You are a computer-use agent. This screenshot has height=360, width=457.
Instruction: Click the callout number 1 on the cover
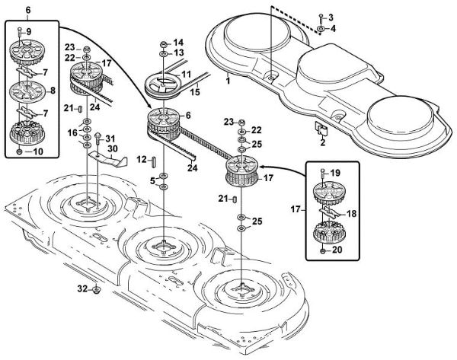click(x=228, y=80)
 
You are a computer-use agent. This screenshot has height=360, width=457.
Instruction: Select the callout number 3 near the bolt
click(x=331, y=17)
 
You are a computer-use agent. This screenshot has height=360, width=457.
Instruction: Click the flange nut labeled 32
click(x=97, y=290)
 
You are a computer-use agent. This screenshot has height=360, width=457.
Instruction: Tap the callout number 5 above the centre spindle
click(x=152, y=180)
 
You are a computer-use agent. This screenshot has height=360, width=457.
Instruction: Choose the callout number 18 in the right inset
click(x=352, y=215)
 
